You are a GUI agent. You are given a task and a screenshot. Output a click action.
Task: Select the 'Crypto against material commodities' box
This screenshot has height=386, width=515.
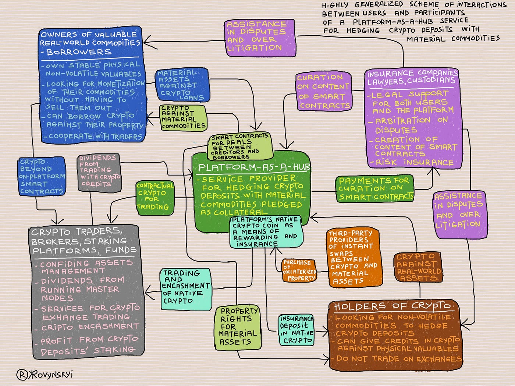point(183,117)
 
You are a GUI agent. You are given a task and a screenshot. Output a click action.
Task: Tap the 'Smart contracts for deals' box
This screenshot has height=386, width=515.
point(241,146)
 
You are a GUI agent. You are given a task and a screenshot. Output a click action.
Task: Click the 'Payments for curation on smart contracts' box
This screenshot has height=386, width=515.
point(374,189)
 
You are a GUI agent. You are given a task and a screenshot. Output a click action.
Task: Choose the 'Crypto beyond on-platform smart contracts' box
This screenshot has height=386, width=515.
point(42,176)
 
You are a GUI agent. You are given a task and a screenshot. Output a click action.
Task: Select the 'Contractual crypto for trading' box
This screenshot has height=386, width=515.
point(155,198)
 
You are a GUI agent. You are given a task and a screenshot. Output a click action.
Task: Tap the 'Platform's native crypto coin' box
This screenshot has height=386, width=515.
point(266,231)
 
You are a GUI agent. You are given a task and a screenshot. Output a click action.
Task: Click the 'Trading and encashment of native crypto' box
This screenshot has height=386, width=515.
point(186,289)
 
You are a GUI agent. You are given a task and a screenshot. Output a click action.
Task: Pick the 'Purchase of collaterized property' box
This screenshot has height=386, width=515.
point(299,270)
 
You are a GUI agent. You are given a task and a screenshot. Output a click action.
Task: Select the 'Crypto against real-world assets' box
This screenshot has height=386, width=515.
point(418,267)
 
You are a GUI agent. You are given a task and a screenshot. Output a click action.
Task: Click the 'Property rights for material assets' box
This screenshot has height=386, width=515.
point(238,327)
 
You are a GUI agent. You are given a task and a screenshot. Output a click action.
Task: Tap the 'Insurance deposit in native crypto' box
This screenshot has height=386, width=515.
point(296,330)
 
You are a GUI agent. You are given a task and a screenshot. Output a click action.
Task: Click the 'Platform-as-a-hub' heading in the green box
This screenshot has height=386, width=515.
point(253,168)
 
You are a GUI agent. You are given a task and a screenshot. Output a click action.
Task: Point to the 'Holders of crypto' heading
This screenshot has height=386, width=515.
point(392,307)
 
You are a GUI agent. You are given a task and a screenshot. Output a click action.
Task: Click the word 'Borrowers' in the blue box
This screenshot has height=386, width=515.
point(79,52)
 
